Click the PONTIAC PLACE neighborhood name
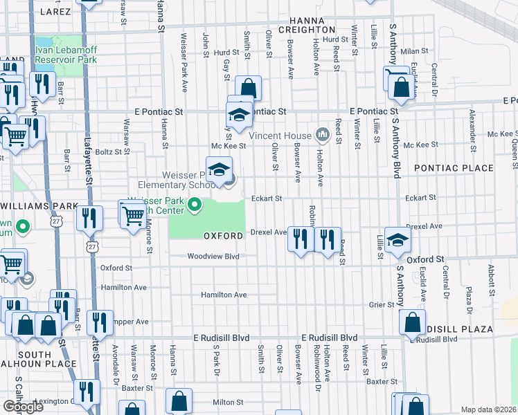click(x=454, y=168)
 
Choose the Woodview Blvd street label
click(x=213, y=256)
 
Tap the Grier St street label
click(x=381, y=304)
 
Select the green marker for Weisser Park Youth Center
click(x=196, y=205)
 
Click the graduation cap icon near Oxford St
click(x=398, y=239)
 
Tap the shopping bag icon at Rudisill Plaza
click(x=412, y=322)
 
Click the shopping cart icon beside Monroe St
click(x=132, y=214)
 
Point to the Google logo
click(x=23, y=407)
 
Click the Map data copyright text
click(x=489, y=409)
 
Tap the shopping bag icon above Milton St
click(x=179, y=401)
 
